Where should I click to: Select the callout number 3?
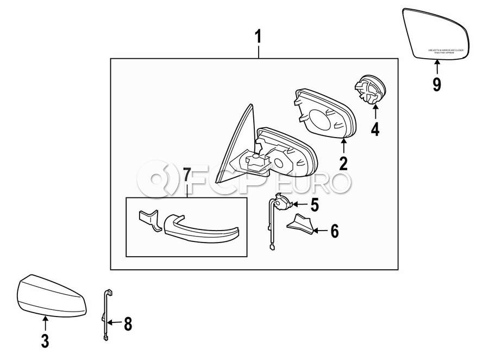coord(45,341)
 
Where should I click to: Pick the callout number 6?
coord(334,231)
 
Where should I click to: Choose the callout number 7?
coord(186,175)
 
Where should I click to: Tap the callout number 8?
coord(128,324)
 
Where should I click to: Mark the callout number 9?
coord(437,84)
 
